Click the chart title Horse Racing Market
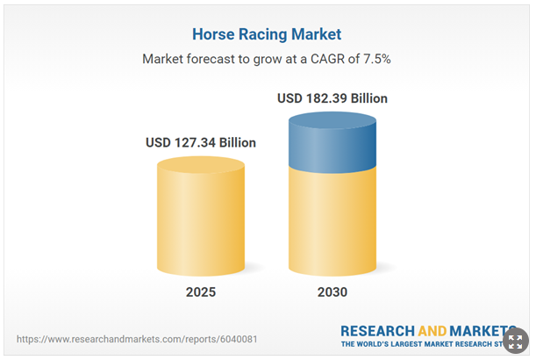[x=267, y=35]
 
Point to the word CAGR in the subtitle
[x=323, y=61]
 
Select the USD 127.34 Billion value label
[x=200, y=142]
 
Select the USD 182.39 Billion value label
[x=332, y=98]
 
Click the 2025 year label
[x=200, y=292]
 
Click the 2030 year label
[x=332, y=292]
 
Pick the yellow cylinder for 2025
[x=200, y=220]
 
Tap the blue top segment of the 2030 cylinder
[x=332, y=140]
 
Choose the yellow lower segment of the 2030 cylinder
[x=332, y=220]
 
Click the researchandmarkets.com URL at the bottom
[x=137, y=339]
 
